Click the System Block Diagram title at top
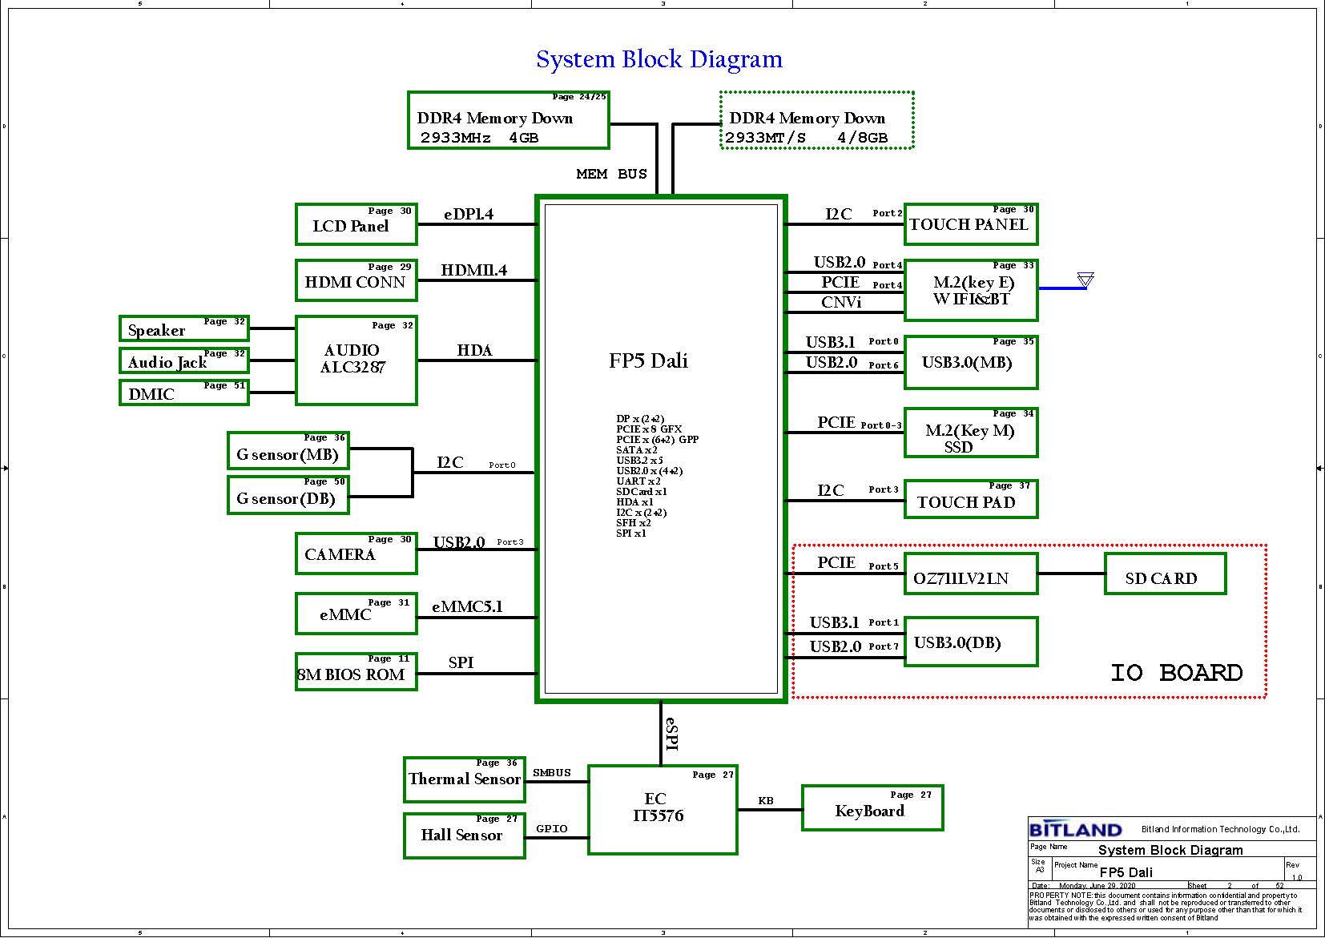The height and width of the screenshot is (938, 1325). coord(658,59)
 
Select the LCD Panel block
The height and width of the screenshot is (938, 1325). coord(356,224)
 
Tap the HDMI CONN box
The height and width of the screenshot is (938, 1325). coord(356,280)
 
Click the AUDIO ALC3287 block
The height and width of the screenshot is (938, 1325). coord(356,360)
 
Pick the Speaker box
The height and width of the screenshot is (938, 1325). coord(183,328)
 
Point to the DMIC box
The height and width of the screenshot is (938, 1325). coord(183,393)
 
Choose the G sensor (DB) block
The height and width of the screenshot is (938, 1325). coord(288,495)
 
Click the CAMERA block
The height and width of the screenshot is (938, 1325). coord(356,554)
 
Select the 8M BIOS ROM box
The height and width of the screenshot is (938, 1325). coord(356,672)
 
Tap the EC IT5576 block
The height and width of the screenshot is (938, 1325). coord(662,809)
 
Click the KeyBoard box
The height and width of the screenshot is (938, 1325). coord(872,808)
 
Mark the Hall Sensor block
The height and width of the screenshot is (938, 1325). coord(464,835)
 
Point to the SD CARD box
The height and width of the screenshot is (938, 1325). coord(1164,574)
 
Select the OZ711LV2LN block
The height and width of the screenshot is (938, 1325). coord(970,574)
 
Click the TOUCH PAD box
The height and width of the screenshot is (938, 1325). coord(970,499)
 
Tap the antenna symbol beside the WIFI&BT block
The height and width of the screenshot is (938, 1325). coord(1085,280)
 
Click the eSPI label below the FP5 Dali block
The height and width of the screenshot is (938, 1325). coord(672,734)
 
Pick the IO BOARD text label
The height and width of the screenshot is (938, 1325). coord(1176,673)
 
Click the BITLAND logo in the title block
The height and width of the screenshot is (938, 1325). coord(1075,830)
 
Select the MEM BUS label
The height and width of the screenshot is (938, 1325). coord(611,174)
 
